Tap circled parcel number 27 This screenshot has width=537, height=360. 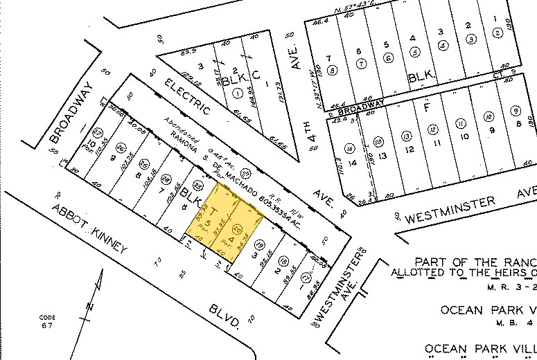click(x=97, y=132)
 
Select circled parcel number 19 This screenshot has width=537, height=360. click(x=259, y=243)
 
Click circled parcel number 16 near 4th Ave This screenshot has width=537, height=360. click(x=350, y=147)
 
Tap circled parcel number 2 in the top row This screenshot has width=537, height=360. click(x=498, y=33)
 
